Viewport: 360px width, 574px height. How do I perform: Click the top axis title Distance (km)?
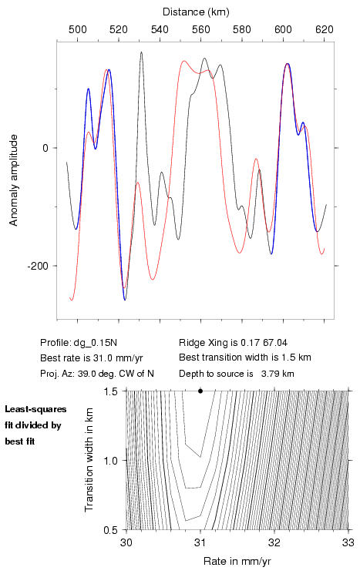196,12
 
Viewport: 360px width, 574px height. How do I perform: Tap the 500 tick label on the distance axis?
78,29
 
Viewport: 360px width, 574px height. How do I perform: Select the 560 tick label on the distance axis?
201,29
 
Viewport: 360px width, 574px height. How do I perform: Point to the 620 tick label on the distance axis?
325,29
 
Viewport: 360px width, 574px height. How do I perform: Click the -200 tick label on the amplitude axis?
38,266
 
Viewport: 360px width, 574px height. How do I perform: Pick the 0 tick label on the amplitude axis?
45,148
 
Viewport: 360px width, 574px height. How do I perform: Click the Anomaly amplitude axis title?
14,180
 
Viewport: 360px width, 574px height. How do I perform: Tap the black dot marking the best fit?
200,391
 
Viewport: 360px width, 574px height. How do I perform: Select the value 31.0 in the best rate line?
103,357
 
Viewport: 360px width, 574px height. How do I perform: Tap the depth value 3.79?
269,374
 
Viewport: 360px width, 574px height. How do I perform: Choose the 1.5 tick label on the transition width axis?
110,391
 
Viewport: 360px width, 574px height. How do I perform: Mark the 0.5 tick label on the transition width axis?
110,530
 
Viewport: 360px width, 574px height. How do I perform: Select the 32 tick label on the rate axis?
274,542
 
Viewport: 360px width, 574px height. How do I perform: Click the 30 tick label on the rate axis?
126,542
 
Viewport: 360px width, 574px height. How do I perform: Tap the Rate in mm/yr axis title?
237,561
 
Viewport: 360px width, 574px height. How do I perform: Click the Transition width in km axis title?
89,460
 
